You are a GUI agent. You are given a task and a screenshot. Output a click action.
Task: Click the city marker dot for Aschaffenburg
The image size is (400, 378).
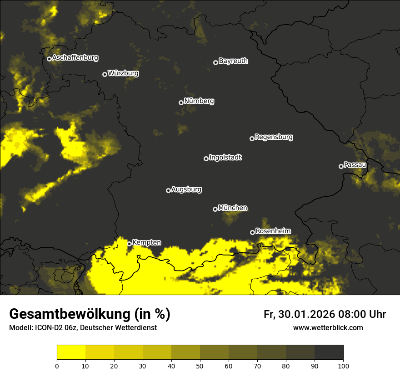tap(49, 59)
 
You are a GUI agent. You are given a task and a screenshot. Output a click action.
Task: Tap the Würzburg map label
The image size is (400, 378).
tap(123, 73)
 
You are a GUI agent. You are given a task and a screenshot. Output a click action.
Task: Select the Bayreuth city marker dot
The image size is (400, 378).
tap(215, 62)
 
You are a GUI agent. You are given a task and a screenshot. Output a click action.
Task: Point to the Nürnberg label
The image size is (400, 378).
tap(199, 101)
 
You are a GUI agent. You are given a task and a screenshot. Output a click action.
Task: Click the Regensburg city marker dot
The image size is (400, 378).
tap(252, 138)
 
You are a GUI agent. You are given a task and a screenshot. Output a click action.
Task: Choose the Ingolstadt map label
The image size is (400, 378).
tap(225, 158)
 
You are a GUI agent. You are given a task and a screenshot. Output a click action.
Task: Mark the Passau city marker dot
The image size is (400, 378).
tap(341, 166)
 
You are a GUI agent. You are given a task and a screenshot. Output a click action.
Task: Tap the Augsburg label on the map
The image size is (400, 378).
tap(186, 189)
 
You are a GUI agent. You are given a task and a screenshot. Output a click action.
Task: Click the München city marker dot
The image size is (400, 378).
tap(215, 209)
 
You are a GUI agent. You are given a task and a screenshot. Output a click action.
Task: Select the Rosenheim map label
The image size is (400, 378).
tap(273, 231)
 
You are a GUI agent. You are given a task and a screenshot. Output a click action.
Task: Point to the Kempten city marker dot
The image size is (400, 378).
tap(129, 244)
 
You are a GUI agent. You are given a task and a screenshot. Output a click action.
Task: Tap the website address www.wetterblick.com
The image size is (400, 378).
tap(328, 327)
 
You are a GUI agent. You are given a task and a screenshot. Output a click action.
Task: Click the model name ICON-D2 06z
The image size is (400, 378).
tap(50, 328)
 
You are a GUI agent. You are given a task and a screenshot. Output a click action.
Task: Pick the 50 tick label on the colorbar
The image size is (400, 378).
tap(200, 366)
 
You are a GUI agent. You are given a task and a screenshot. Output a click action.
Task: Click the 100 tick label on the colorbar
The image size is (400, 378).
tap(343, 366)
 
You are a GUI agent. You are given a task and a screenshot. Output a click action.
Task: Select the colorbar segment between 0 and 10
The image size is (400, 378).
tap(71, 352)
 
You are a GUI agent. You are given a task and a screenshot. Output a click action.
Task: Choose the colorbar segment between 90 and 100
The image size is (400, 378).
tap(329, 352)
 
